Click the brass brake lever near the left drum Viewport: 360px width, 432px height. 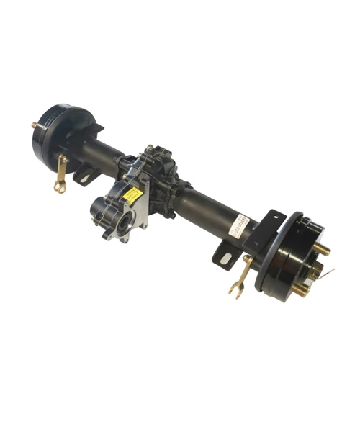click(62, 170)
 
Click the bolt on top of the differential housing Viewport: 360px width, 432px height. click(149, 149)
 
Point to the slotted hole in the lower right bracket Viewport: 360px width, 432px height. click(226, 258)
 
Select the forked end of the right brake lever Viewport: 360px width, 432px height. click(235, 289)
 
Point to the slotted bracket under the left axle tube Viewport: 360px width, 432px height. click(85, 174)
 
